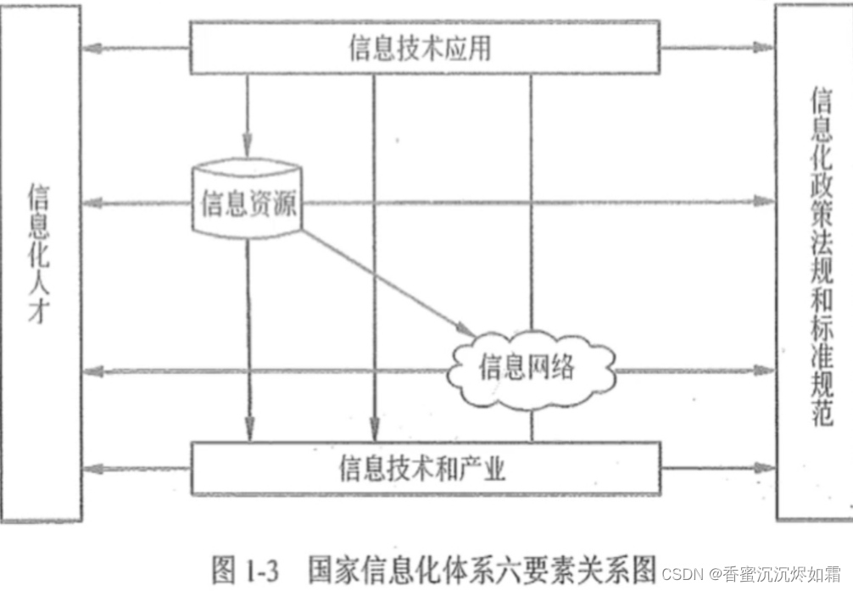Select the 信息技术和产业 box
click(x=421, y=467)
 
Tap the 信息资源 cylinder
click(x=248, y=202)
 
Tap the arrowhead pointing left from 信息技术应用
click(x=92, y=48)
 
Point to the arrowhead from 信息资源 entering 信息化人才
click(x=92, y=203)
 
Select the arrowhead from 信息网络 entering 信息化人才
click(x=92, y=370)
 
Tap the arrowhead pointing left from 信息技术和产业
click(x=92, y=468)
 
